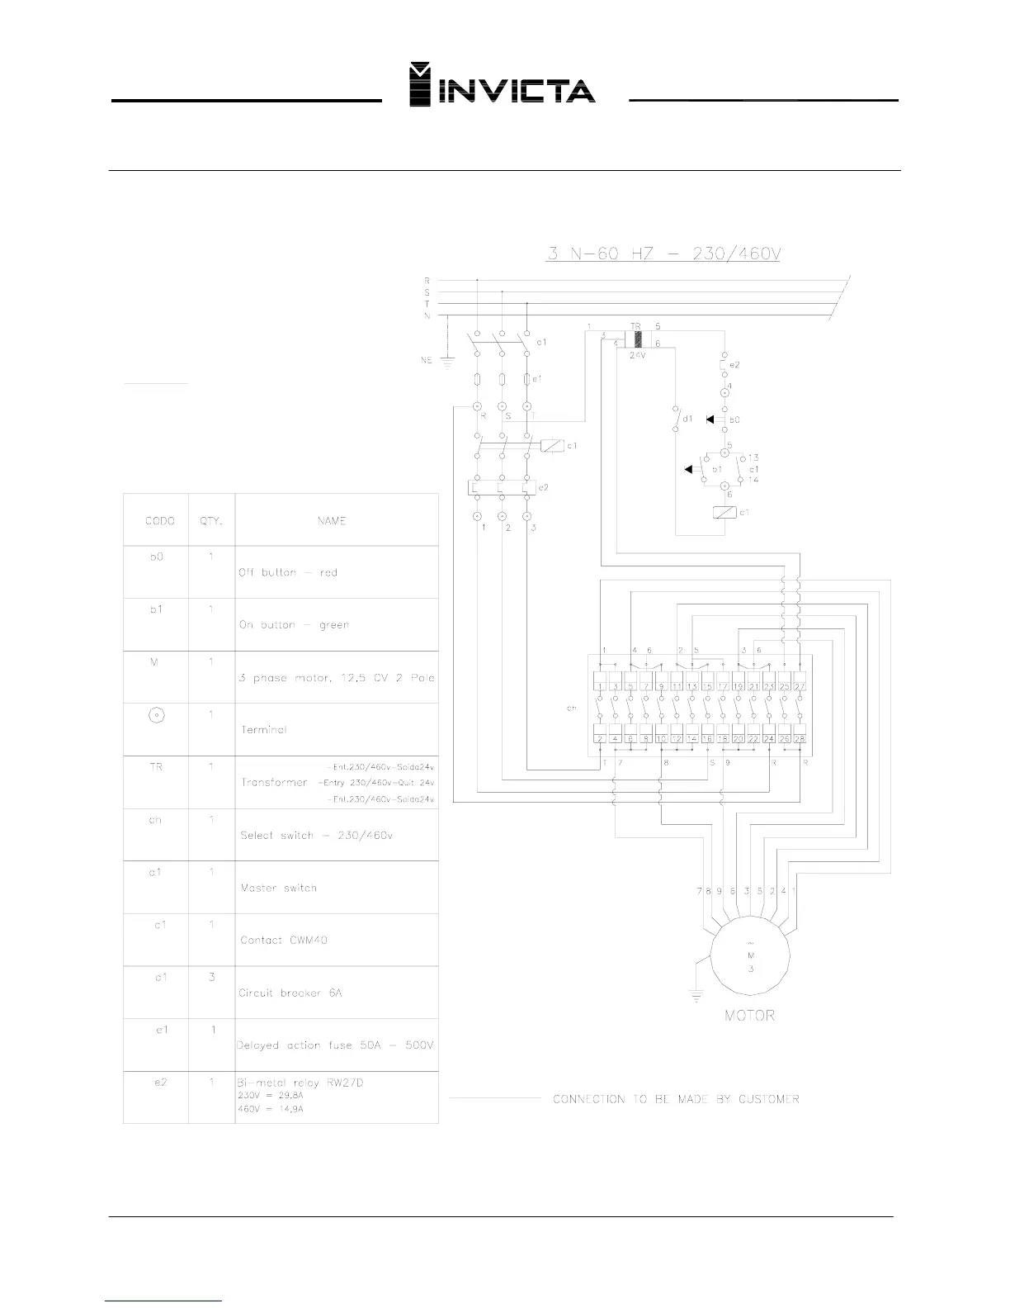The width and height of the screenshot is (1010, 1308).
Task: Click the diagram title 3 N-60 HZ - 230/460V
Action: click(663, 253)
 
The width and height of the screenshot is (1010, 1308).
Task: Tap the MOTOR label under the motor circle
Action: click(749, 1015)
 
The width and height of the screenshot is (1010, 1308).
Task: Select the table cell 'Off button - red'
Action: click(288, 572)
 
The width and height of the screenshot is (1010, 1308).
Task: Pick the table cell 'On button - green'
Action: click(294, 625)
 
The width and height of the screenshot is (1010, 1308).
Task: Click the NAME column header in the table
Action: click(331, 521)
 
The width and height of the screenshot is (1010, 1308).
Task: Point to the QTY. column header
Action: click(211, 521)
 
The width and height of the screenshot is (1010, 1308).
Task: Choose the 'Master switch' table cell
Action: click(278, 888)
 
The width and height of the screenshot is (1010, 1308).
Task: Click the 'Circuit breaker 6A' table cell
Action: click(290, 993)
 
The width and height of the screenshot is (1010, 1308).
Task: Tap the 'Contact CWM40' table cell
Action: click(284, 940)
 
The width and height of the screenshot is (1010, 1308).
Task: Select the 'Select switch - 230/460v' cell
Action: click(316, 835)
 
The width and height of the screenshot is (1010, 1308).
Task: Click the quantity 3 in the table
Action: click(212, 977)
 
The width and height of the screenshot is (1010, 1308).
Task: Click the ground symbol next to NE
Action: click(448, 358)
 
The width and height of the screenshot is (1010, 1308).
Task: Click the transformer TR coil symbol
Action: click(637, 339)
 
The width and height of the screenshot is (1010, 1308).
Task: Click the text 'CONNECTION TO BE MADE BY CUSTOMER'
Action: click(676, 1099)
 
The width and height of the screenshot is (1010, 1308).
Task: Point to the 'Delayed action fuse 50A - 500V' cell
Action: click(335, 1045)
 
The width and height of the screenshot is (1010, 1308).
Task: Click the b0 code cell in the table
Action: click(156, 557)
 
